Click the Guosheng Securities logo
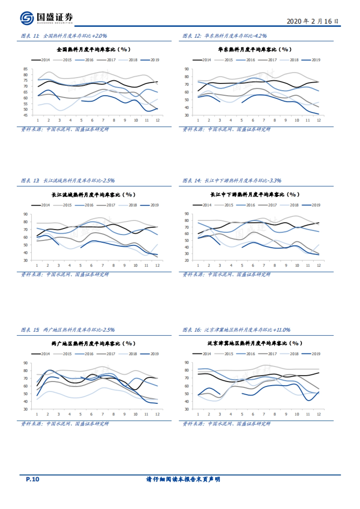pyautogui.click(x=46, y=18)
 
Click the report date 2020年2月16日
pyautogui.click(x=312, y=21)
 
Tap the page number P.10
pyautogui.click(x=32, y=479)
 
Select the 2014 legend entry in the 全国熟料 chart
pyautogui.click(x=41, y=60)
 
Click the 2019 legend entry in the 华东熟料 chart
pyautogui.click(x=312, y=60)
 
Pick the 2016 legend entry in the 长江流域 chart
pyautogui.click(x=85, y=205)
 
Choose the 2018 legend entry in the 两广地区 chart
pyautogui.click(x=129, y=354)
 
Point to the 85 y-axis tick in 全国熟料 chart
pyautogui.click(x=25, y=69)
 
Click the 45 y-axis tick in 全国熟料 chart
pyautogui.click(x=25, y=115)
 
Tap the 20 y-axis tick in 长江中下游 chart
pyautogui.click(x=187, y=260)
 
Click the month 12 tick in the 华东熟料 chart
pyautogui.click(x=319, y=120)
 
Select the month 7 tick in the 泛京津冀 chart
pyautogui.click(x=264, y=414)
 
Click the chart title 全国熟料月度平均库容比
pyautogui.click(x=94, y=49)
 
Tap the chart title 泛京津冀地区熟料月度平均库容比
pyautogui.click(x=255, y=343)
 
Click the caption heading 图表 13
pyautogui.click(x=30, y=180)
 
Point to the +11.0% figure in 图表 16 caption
pyautogui.click(x=282, y=330)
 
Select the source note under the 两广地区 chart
pyautogui.click(x=65, y=424)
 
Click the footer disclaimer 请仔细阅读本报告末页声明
pyautogui.click(x=183, y=479)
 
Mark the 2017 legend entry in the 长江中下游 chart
pyautogui.click(x=268, y=205)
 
